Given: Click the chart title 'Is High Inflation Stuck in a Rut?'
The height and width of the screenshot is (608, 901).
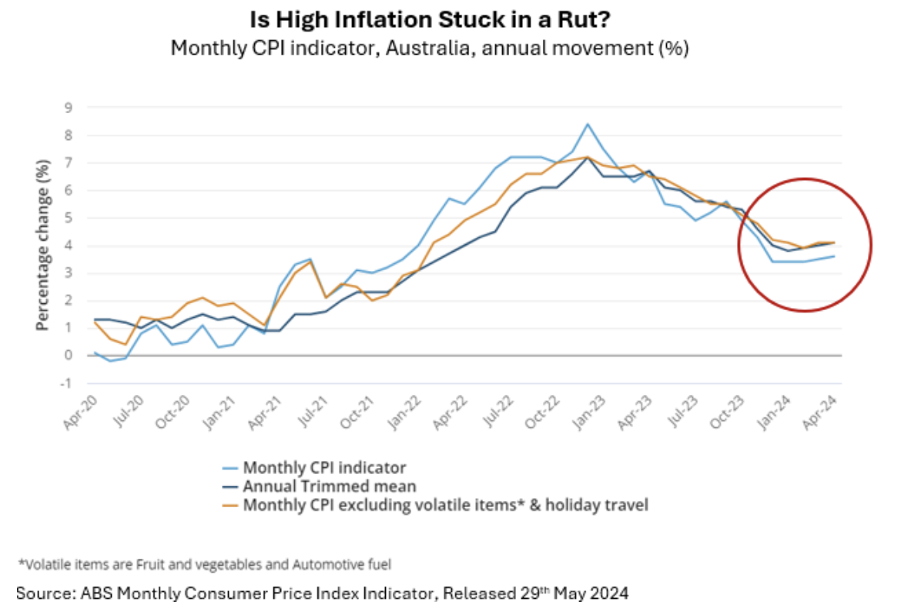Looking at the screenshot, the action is pos(430,20).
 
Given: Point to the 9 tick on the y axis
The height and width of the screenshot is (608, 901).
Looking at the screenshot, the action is pos(69,107).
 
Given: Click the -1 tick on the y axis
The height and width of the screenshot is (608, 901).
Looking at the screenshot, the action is pos(67,383).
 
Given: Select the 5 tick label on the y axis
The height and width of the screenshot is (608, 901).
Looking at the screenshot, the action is pos(69,218).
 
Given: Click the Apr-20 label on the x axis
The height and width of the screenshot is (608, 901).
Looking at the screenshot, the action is pos(81,413).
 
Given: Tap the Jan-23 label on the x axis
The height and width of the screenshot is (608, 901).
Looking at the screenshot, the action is pos(589,413).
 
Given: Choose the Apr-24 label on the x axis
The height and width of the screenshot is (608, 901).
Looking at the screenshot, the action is pos(819,413).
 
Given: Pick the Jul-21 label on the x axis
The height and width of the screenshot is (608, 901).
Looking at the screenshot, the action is pos(313,412).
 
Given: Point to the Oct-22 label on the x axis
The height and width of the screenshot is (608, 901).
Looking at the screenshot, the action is pos(542,413).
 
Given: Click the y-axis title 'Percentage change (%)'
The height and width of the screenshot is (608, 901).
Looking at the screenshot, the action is pos(43,245).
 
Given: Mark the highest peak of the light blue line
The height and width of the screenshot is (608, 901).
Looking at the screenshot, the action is pos(588,124).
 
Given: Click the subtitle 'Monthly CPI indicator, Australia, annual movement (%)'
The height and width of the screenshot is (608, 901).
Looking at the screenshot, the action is pos(430,48).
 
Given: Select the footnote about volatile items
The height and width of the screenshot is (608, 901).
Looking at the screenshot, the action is pos(205,564).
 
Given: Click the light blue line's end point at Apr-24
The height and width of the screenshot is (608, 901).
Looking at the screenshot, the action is pos(834,256).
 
